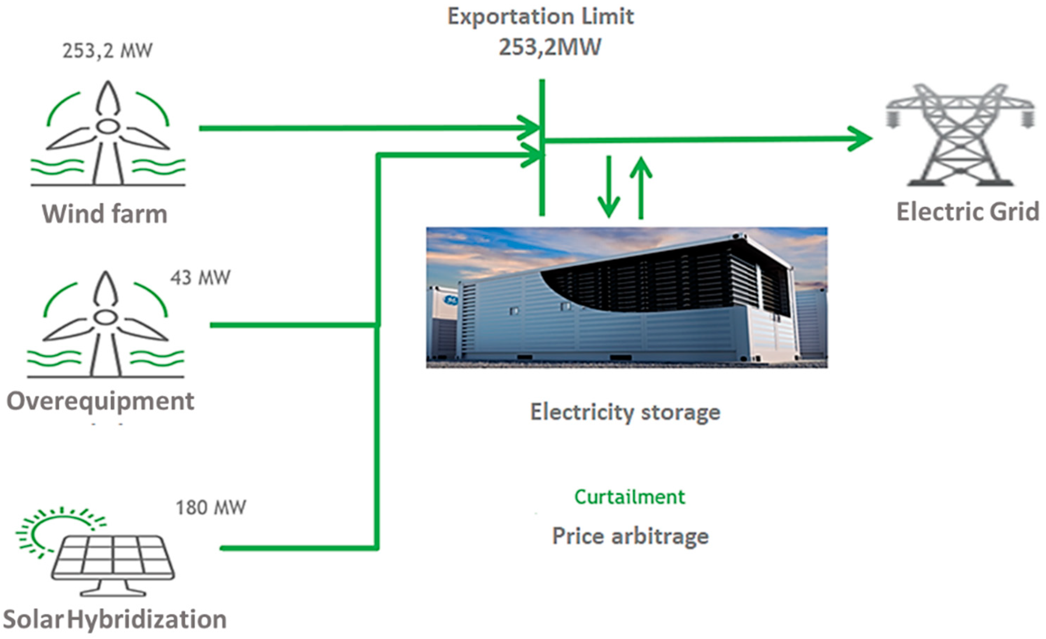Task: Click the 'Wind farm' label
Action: point(104,214)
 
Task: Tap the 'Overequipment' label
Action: point(100,401)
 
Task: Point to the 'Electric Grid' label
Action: point(967,212)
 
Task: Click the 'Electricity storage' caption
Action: point(625,412)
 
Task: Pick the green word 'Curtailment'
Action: point(629,497)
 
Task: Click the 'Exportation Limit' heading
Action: point(541,17)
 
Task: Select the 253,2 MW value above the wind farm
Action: point(107,51)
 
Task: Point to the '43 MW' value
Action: point(200,278)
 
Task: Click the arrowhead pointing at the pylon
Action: point(860,138)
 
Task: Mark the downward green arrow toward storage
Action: point(609,187)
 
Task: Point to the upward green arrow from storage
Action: point(641,187)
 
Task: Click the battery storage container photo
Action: point(627,297)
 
